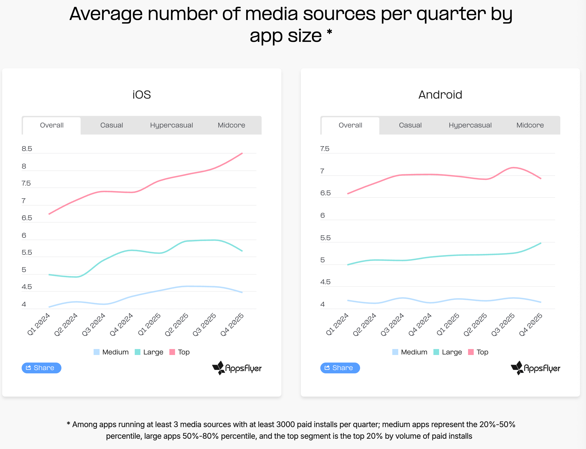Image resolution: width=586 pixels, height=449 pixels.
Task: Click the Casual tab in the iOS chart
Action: (x=111, y=125)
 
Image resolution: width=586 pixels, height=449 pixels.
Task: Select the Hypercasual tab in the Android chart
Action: (x=470, y=125)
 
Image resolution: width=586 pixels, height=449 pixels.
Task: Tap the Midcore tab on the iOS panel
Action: (x=231, y=125)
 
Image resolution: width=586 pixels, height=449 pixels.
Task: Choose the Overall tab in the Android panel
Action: (x=350, y=125)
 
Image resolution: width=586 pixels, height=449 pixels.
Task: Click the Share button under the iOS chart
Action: (x=41, y=368)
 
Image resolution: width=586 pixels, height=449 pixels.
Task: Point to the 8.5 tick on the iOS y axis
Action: (x=27, y=149)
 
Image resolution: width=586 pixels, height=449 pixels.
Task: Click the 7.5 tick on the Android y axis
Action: (x=325, y=149)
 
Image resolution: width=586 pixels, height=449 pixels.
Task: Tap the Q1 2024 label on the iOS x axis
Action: (x=39, y=324)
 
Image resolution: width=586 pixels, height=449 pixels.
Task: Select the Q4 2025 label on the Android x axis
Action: (x=531, y=324)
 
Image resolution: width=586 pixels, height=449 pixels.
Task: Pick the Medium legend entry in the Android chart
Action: (x=410, y=352)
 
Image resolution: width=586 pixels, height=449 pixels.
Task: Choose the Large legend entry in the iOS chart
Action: (x=149, y=352)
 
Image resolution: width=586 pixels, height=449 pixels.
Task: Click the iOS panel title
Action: (x=141, y=95)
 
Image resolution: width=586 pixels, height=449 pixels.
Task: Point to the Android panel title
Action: (x=440, y=95)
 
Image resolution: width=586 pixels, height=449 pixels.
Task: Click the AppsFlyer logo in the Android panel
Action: (x=535, y=368)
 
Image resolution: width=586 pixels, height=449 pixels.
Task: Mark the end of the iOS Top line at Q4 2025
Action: (x=242, y=153)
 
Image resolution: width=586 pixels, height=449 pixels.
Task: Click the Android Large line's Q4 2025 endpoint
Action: (x=541, y=243)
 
